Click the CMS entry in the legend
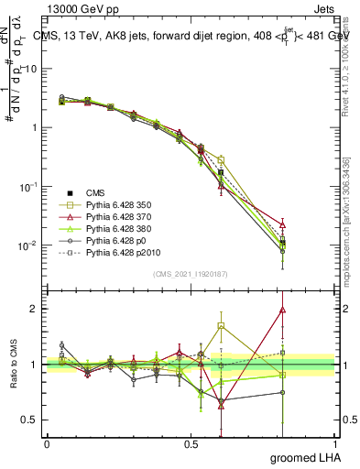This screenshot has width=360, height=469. (95, 192)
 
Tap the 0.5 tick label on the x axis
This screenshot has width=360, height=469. (191, 443)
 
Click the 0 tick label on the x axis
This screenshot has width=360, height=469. (47, 443)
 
